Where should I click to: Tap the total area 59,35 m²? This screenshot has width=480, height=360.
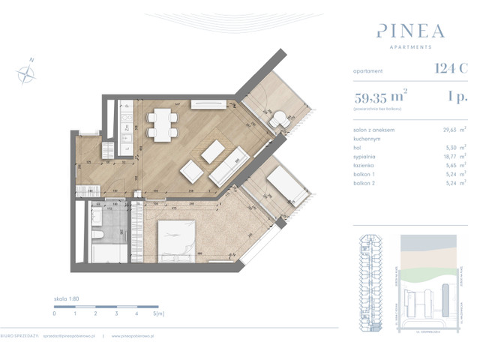379,96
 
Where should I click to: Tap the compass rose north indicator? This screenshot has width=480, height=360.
28,72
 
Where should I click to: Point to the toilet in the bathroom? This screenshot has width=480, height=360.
97,238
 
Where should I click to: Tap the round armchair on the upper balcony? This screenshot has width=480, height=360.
278,118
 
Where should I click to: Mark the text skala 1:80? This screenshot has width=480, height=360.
67,298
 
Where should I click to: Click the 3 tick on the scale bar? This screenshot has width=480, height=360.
116,315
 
